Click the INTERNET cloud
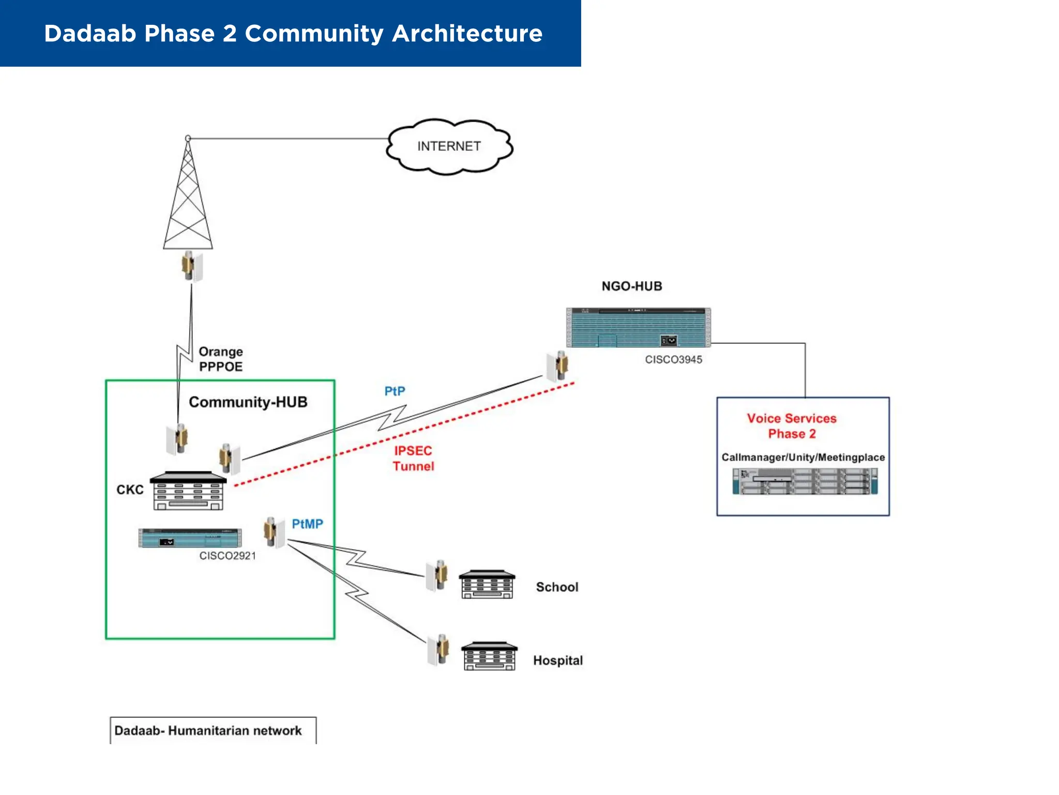449,146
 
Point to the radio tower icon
188,197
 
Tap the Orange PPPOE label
221,359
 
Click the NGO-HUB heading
631,286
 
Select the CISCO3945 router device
638,327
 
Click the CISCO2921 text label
228,555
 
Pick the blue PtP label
395,391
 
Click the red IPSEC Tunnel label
413,458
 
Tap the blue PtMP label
307,524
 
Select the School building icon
487,584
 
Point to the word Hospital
557,660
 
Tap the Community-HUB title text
248,402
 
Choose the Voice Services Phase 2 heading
791,425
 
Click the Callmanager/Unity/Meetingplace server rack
805,481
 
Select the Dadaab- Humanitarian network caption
208,730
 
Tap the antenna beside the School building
437,575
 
